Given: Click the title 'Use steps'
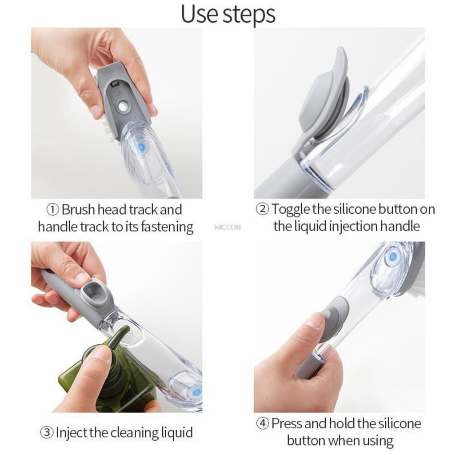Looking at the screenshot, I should tap(228, 14).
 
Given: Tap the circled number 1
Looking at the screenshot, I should tap(53, 209).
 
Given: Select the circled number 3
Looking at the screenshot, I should tap(47, 432).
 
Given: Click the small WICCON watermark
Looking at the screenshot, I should tap(227, 227).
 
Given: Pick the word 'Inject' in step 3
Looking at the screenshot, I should tap(71, 432).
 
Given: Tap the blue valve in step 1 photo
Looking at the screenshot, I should tap(141, 147).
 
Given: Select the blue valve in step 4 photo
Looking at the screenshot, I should tap(392, 257).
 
